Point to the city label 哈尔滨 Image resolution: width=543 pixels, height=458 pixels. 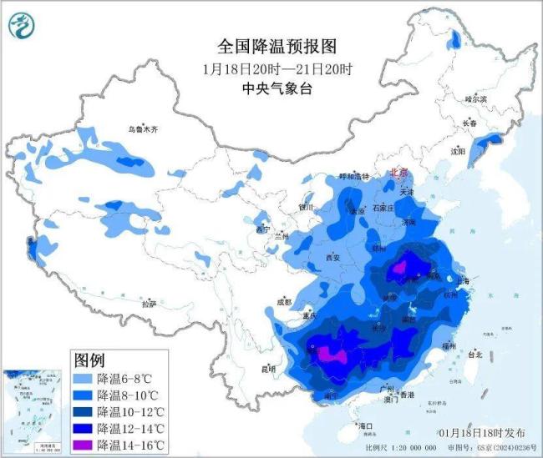tap(475, 99)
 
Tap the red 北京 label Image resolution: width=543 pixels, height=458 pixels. tap(400, 173)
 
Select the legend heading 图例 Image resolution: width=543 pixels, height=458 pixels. tap(89, 360)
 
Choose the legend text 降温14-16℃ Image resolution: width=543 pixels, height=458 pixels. tap(130, 445)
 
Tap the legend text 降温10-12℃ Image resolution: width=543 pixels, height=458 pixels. tap(130, 411)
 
